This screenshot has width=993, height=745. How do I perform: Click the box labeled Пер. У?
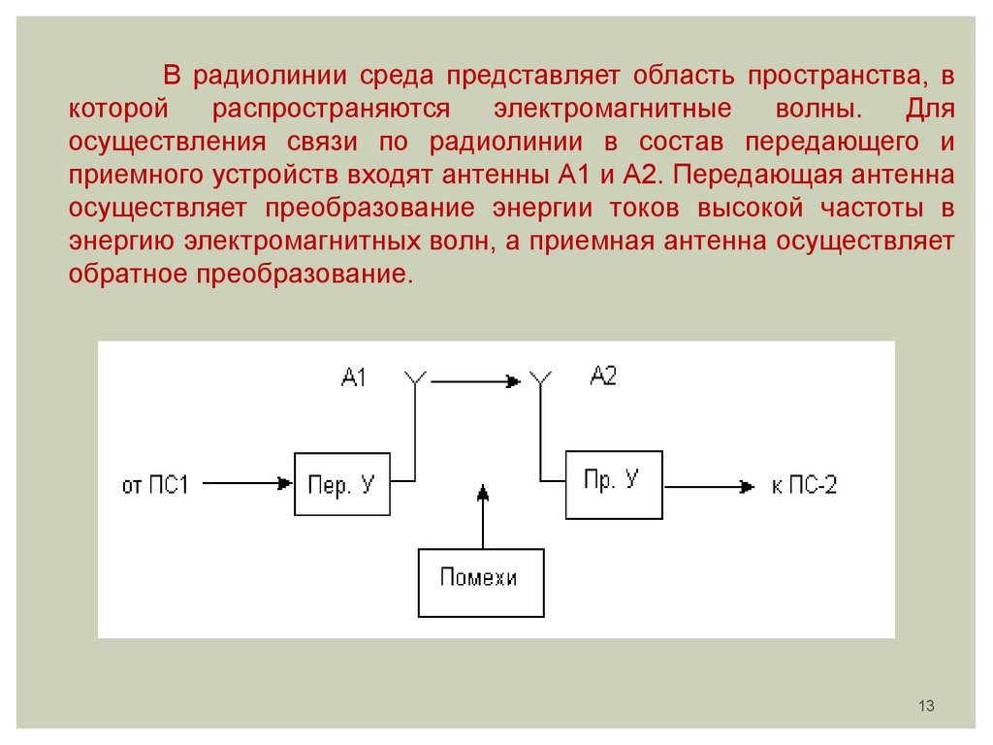click(x=341, y=483)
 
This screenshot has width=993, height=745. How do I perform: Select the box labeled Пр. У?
click(x=614, y=484)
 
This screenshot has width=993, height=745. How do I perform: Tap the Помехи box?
click(x=480, y=582)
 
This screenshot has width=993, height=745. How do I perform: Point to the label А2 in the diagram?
click(x=603, y=377)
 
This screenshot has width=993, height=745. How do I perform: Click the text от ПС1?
click(x=155, y=484)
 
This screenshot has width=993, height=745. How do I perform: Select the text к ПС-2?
click(x=804, y=486)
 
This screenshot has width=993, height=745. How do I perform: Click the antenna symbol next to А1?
click(x=416, y=379)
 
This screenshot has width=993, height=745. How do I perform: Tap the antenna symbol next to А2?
click(x=539, y=379)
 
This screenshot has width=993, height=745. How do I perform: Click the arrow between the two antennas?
click(x=475, y=381)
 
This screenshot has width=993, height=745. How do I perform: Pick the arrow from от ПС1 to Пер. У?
click(x=248, y=483)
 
